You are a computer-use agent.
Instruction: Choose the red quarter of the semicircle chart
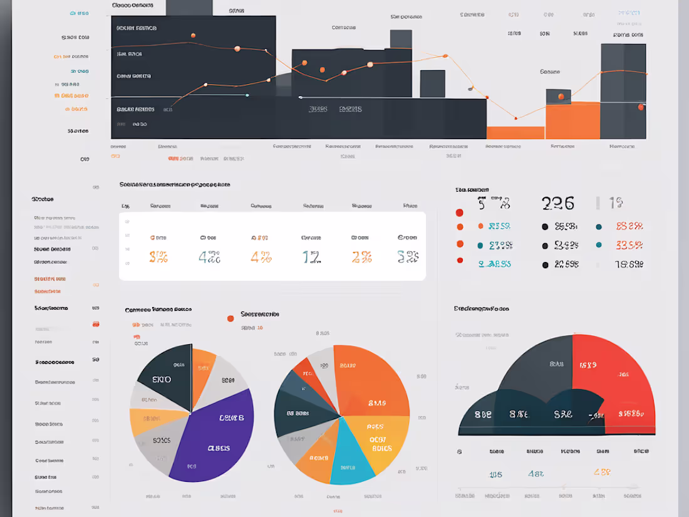[611, 382]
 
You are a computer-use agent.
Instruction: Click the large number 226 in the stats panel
[557, 203]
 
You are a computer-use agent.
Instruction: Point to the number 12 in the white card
[311, 257]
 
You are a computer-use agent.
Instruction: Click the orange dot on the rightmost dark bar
[641, 107]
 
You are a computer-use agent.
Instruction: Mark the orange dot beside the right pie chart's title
[231, 318]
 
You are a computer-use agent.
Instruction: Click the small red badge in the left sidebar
[96, 324]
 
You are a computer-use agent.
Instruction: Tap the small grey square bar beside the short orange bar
[558, 97]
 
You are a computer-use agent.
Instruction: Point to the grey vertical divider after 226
[598, 202]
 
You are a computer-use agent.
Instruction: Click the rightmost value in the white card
[408, 256]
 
